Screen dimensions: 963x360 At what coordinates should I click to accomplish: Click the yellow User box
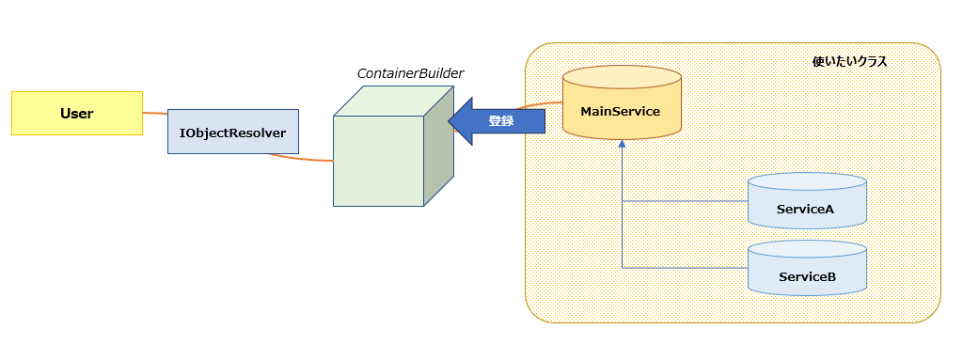(x=77, y=113)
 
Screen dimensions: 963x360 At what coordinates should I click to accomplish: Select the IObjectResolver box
(x=233, y=132)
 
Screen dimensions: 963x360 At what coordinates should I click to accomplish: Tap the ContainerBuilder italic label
(x=411, y=73)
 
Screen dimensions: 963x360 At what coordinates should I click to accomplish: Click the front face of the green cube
(x=378, y=161)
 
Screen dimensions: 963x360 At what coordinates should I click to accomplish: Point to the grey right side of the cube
(x=438, y=147)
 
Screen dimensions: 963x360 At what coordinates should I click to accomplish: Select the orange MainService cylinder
(x=623, y=102)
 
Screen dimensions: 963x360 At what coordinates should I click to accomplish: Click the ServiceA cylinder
(x=807, y=201)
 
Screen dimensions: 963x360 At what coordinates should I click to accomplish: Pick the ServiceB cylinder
(x=807, y=269)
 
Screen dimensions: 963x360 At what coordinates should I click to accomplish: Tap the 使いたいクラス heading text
(x=849, y=62)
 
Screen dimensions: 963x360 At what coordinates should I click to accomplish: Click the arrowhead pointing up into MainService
(x=623, y=144)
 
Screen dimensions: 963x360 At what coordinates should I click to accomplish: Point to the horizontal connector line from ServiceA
(x=685, y=201)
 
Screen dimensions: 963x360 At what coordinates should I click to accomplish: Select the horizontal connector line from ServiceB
(x=685, y=268)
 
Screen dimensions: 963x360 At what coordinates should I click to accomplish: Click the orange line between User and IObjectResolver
(x=155, y=113)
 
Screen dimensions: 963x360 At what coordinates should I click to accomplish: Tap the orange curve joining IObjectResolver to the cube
(x=300, y=159)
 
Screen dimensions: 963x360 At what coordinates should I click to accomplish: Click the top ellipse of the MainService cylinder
(x=623, y=77)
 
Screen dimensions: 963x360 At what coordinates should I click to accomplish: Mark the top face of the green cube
(x=393, y=101)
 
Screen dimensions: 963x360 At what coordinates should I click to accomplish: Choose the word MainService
(x=621, y=112)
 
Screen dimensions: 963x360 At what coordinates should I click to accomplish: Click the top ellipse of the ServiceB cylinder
(x=807, y=249)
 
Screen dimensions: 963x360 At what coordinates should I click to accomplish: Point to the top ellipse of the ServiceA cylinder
(x=807, y=181)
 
